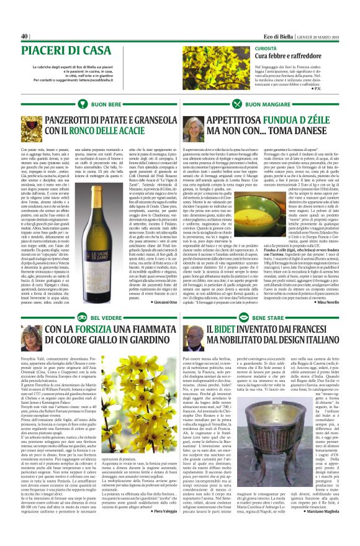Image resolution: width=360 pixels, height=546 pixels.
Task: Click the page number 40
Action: pyautogui.click(x=25, y=35)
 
